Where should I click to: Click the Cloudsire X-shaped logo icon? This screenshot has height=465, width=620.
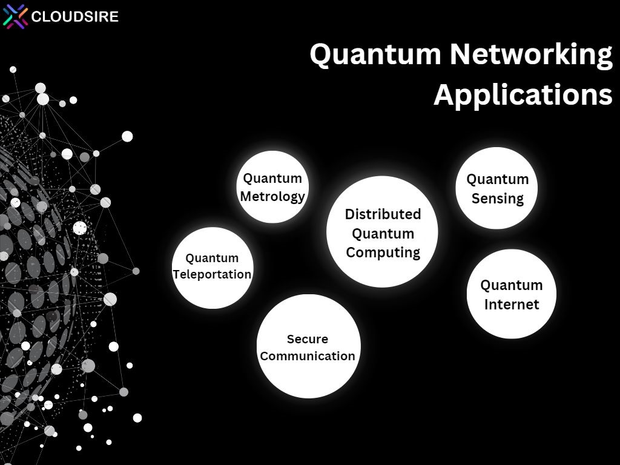pos(15,16)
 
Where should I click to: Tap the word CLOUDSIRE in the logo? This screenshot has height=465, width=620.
pos(74,16)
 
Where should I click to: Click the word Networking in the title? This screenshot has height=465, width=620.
pos(531,54)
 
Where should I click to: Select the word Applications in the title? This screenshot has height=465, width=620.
pos(523,95)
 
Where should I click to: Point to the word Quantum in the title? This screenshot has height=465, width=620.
pos(375,54)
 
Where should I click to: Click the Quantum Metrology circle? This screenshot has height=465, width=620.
pos(272,186)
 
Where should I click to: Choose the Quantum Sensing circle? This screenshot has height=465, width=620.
pos(496,188)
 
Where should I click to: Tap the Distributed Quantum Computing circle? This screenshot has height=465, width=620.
pos(382,232)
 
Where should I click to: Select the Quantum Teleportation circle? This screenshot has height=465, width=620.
pos(213,268)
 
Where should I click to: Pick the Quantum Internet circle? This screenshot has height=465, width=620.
pos(511,294)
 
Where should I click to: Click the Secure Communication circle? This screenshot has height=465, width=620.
pos(308,346)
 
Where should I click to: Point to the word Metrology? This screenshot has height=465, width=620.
pos(272,197)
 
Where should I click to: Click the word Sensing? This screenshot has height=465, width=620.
pos(498,199)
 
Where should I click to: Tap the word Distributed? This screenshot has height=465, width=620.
pos(383,214)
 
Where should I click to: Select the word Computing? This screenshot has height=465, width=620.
pos(383,252)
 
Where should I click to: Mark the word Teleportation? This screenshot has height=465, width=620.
pos(212,274)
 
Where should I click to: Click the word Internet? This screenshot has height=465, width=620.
pos(512,305)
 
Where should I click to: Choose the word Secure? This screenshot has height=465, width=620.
pos(307,339)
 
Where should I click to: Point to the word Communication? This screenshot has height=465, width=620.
pos(307,356)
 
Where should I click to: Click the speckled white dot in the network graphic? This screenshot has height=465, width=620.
pos(80,228)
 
